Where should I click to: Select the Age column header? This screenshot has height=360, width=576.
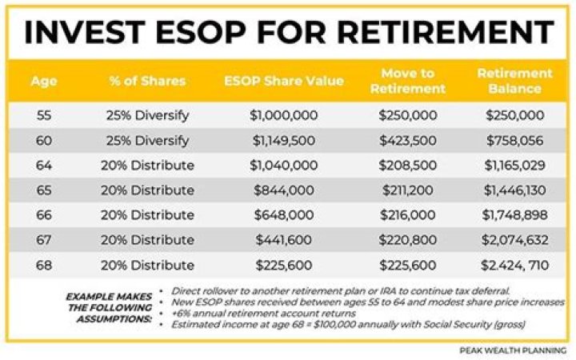(x=44, y=81)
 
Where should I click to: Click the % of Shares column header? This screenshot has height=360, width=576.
(x=148, y=81)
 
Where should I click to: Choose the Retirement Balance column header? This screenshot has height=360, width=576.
(x=515, y=81)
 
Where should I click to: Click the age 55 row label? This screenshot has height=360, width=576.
(x=45, y=115)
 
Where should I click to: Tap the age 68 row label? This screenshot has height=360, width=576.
(x=45, y=265)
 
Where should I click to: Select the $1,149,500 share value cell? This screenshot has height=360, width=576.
(x=285, y=141)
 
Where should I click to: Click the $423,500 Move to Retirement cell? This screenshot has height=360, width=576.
(x=408, y=141)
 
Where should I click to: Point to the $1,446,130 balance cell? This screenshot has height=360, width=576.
(x=515, y=190)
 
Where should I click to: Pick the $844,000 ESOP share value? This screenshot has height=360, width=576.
(x=284, y=190)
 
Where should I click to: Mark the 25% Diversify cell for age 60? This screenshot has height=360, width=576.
(x=148, y=141)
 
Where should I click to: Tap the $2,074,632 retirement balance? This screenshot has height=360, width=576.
(x=515, y=240)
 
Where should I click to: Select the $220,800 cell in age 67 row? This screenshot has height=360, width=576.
(x=408, y=240)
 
